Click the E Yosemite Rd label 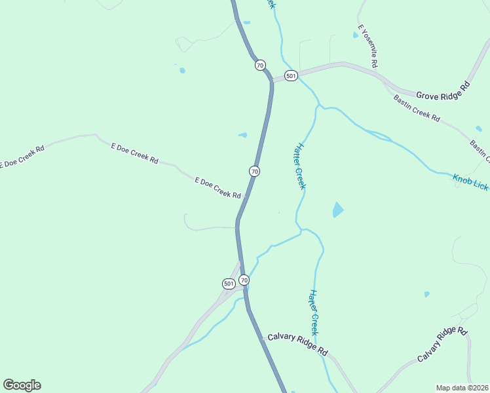point(367,47)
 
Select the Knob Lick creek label point(470,182)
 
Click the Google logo point(22,385)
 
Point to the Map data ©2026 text point(461,388)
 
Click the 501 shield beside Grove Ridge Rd point(292,75)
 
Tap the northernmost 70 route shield point(260,65)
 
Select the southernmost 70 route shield point(244,280)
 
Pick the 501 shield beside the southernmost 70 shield point(228,284)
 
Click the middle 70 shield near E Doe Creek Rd point(254,171)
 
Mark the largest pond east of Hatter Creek point(337,210)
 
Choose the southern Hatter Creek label point(314,312)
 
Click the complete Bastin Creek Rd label point(416,107)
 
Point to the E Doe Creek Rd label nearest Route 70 point(218,187)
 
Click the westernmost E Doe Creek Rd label point(22,156)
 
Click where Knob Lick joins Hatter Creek point(319,105)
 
